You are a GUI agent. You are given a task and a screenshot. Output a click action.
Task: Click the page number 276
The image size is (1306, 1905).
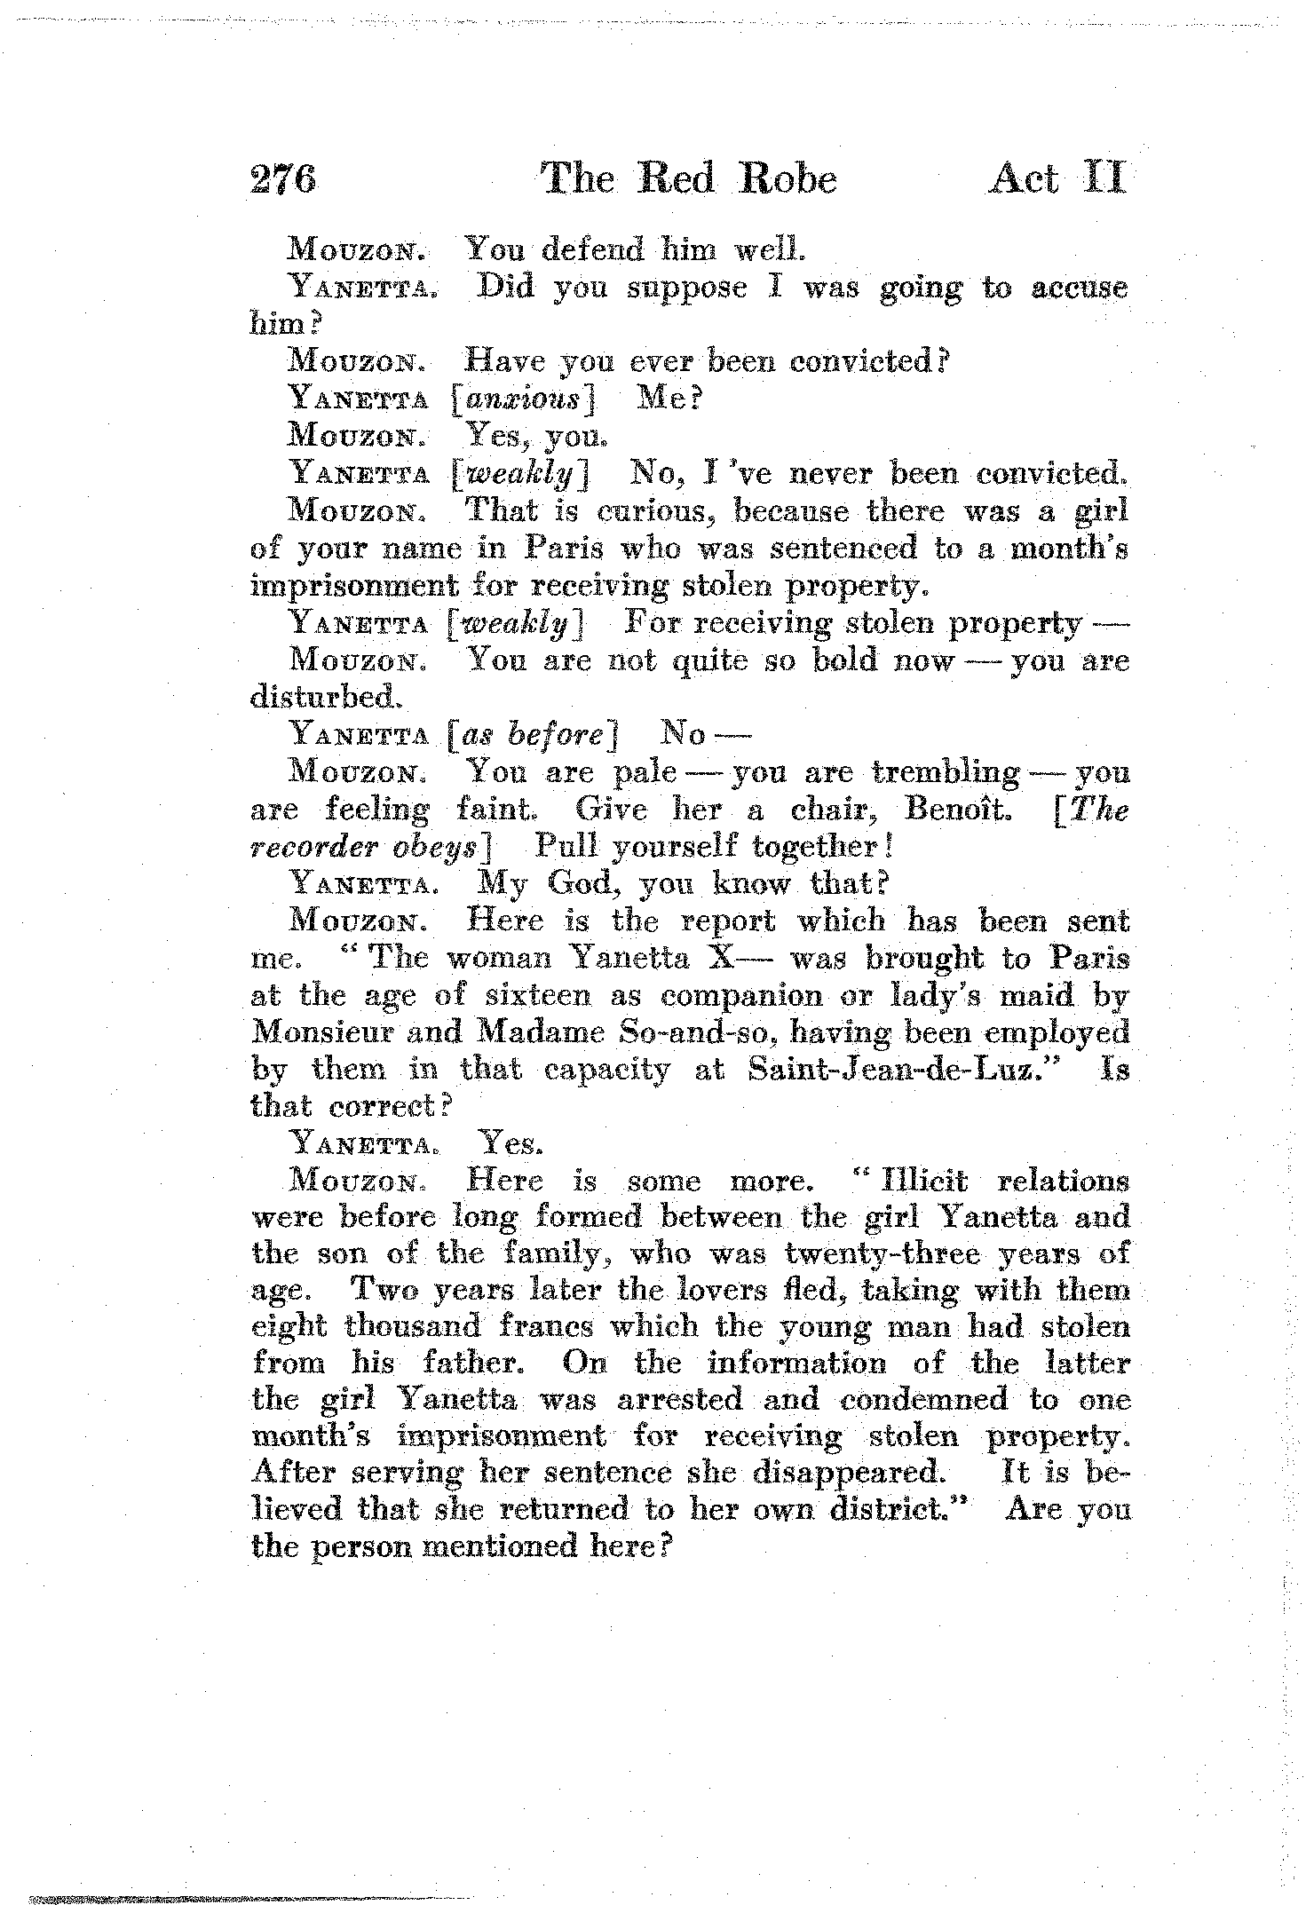click(284, 180)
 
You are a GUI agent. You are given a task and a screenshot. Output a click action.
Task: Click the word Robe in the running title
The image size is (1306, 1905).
click(789, 180)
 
